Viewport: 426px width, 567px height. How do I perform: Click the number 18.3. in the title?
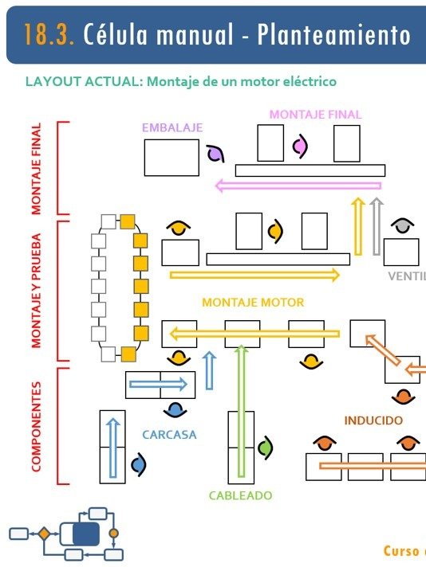49,35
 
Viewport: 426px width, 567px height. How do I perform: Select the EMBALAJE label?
172,127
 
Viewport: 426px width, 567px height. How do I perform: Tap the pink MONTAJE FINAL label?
315,115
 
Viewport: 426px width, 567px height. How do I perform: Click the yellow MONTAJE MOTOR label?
252,303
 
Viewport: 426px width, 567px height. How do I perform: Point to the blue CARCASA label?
169,435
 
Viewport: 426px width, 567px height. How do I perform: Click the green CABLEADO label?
240,495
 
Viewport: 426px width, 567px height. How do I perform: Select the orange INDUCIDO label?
373,420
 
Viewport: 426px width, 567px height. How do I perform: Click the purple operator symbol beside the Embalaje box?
214,154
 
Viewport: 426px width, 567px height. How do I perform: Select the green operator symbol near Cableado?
266,448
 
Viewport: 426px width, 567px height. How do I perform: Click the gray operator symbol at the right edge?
404,226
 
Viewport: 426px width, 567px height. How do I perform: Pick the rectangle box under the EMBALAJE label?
172,158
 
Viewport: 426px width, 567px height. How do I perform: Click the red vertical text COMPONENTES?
36,426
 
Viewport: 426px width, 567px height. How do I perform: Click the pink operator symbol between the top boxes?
300,146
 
